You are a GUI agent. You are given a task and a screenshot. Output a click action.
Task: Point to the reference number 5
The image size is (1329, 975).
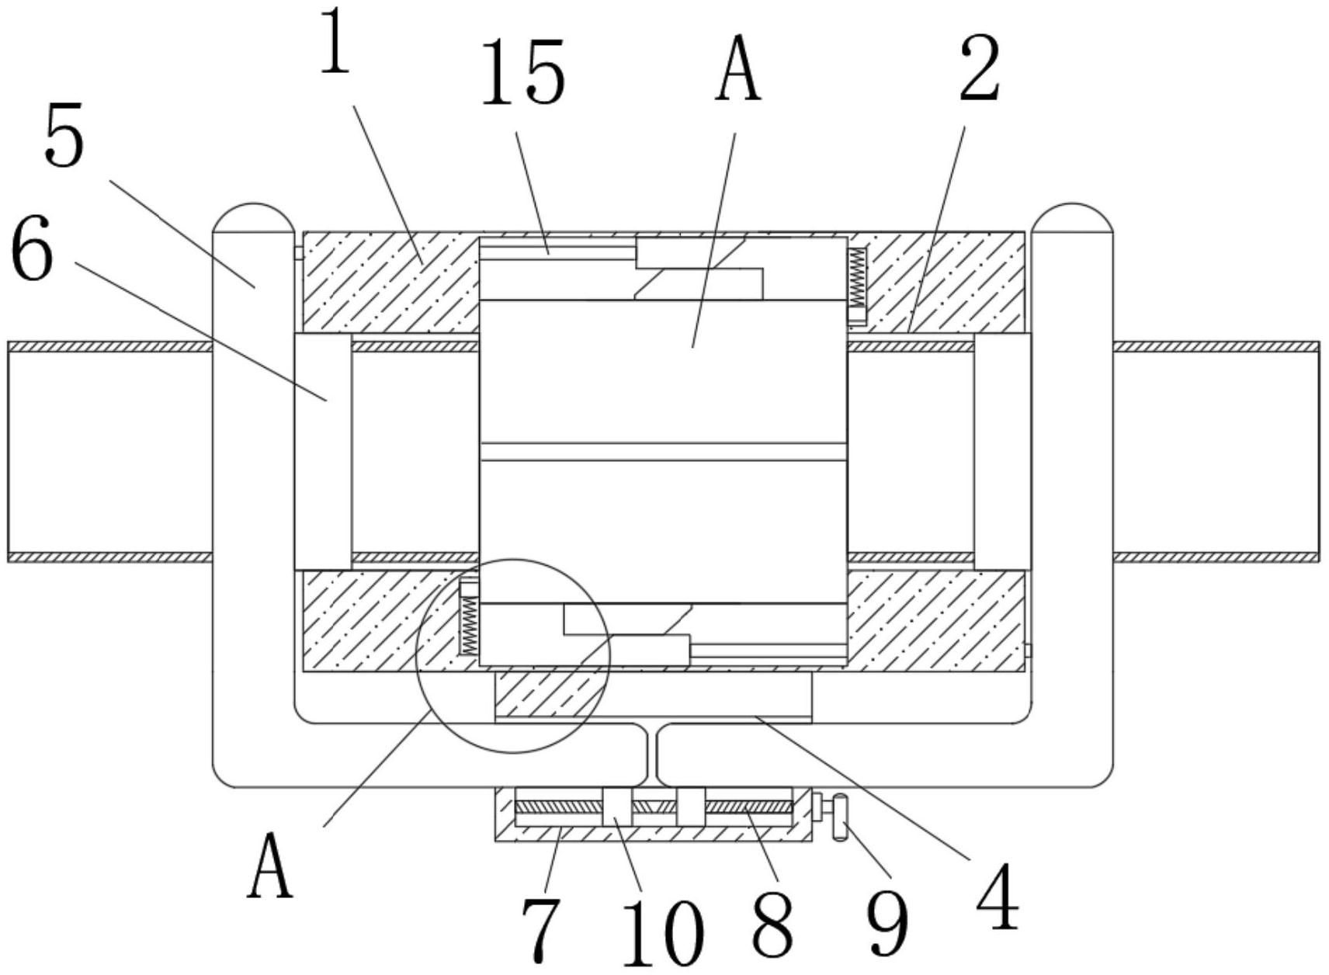[x=64, y=137]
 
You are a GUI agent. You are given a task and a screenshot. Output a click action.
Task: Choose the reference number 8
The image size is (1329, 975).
[x=772, y=924]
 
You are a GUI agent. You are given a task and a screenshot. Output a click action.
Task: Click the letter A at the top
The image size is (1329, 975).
[x=737, y=71]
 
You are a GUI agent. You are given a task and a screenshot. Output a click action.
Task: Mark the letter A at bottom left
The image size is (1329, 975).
[x=270, y=865]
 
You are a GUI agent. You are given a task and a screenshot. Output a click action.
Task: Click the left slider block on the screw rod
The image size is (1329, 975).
[x=617, y=807]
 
